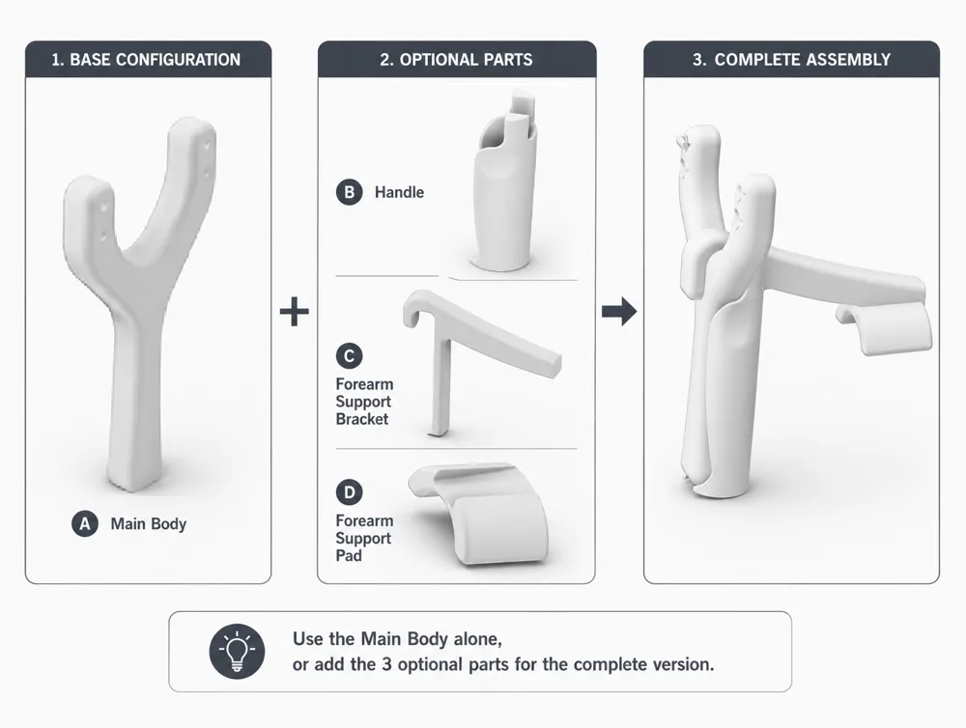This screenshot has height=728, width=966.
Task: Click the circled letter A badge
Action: coord(85,523)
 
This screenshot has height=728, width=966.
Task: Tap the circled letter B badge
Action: coord(350,192)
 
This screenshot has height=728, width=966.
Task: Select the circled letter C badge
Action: coord(350,356)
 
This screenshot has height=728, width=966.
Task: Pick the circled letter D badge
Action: coord(350,492)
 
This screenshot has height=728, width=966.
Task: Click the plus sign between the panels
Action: coord(295,312)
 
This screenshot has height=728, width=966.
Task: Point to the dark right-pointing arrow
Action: coord(619,312)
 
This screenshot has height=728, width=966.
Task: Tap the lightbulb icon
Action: coord(237,651)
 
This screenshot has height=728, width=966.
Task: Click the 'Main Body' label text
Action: coord(149,524)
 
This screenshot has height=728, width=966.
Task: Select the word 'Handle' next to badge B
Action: coord(399,192)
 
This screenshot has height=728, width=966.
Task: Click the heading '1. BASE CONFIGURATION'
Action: coord(146,60)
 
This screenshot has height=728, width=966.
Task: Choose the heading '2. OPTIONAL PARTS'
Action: coord(457,60)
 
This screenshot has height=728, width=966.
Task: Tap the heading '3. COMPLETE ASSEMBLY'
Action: coord(792,60)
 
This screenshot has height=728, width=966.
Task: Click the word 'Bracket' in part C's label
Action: coord(361,419)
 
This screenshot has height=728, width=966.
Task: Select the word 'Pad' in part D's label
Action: coord(349,555)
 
